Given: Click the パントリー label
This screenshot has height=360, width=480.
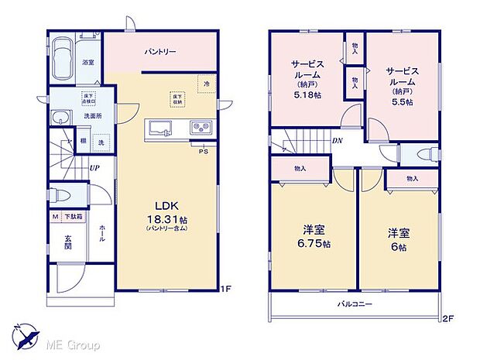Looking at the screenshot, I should click(160, 52).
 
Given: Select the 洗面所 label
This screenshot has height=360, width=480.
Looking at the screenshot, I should click(93, 116).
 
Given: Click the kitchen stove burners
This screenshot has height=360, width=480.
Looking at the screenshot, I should click(199, 129).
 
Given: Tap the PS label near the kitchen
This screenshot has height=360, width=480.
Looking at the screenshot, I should click(204, 152).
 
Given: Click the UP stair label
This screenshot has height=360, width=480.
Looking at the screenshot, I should click(94, 167).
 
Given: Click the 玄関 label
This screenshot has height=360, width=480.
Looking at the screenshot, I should click(67, 242).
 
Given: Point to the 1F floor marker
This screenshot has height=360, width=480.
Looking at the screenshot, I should click(225, 290).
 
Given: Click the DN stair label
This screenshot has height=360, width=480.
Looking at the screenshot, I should click(338, 141).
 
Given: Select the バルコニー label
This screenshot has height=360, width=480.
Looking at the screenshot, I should click(355, 304).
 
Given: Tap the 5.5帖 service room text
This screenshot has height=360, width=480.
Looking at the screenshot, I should click(403, 101).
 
